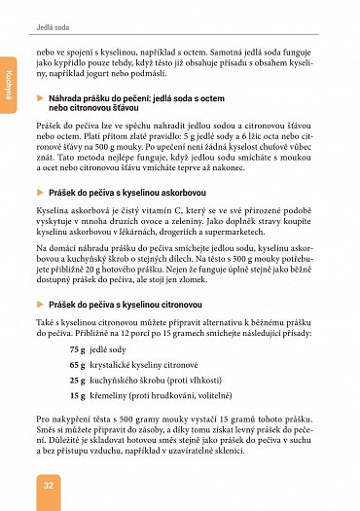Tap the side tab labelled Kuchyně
tap(8, 84)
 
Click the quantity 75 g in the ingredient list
tap(78, 349)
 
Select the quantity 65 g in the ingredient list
tap(78, 365)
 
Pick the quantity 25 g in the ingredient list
tap(78, 381)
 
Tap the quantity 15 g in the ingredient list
tap(78, 396)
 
